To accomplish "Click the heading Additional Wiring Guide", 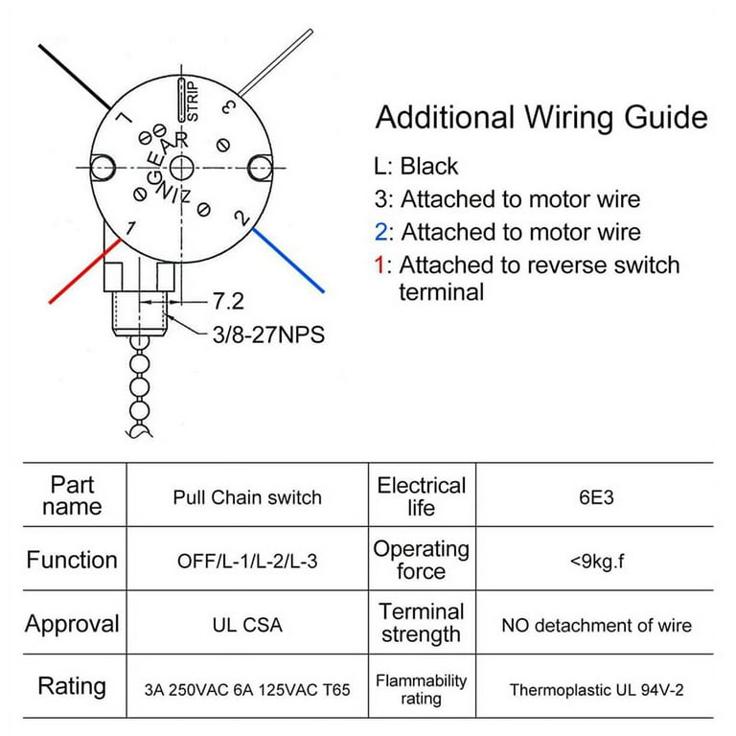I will coord(541,118).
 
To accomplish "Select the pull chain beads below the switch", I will coord(141,393).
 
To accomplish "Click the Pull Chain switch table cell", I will coord(247,497).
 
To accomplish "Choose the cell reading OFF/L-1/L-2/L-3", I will coord(247,560).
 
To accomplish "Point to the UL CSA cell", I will coord(247,625).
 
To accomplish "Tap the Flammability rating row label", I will coord(421,689).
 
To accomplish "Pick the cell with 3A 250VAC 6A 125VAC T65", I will coord(247,689).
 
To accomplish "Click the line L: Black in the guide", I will coord(416,166).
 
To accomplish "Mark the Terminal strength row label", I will coord(421,623).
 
